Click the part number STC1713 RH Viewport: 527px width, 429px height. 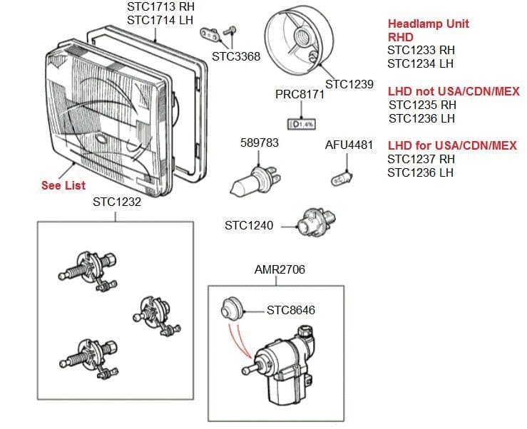[160, 7]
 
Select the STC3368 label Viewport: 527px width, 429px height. [236, 56]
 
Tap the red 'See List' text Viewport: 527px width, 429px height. [63, 185]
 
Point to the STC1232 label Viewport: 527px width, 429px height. [117, 202]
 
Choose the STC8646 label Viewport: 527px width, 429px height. [290, 310]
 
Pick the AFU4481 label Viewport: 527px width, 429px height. [349, 145]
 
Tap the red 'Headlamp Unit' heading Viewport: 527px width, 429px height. [428, 24]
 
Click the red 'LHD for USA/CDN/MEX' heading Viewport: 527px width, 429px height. [452, 146]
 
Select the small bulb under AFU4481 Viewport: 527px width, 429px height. [343, 173]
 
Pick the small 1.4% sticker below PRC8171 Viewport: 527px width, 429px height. [301, 124]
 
